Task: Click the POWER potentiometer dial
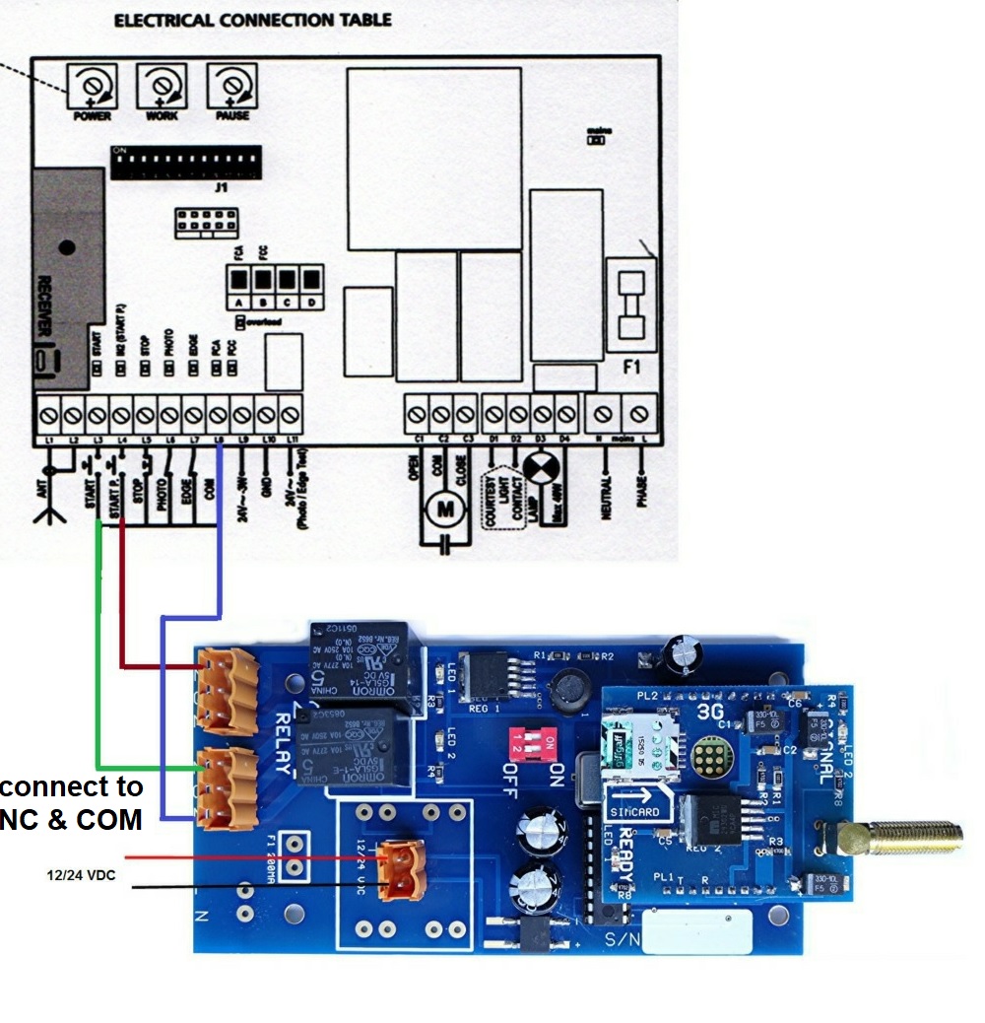point(92,87)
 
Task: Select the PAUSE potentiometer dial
point(230,87)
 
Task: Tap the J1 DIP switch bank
point(185,163)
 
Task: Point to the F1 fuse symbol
point(630,307)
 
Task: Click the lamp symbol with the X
point(539,467)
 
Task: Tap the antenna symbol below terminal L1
point(50,503)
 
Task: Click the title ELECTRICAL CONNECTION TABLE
point(252,20)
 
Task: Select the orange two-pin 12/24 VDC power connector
point(399,869)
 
